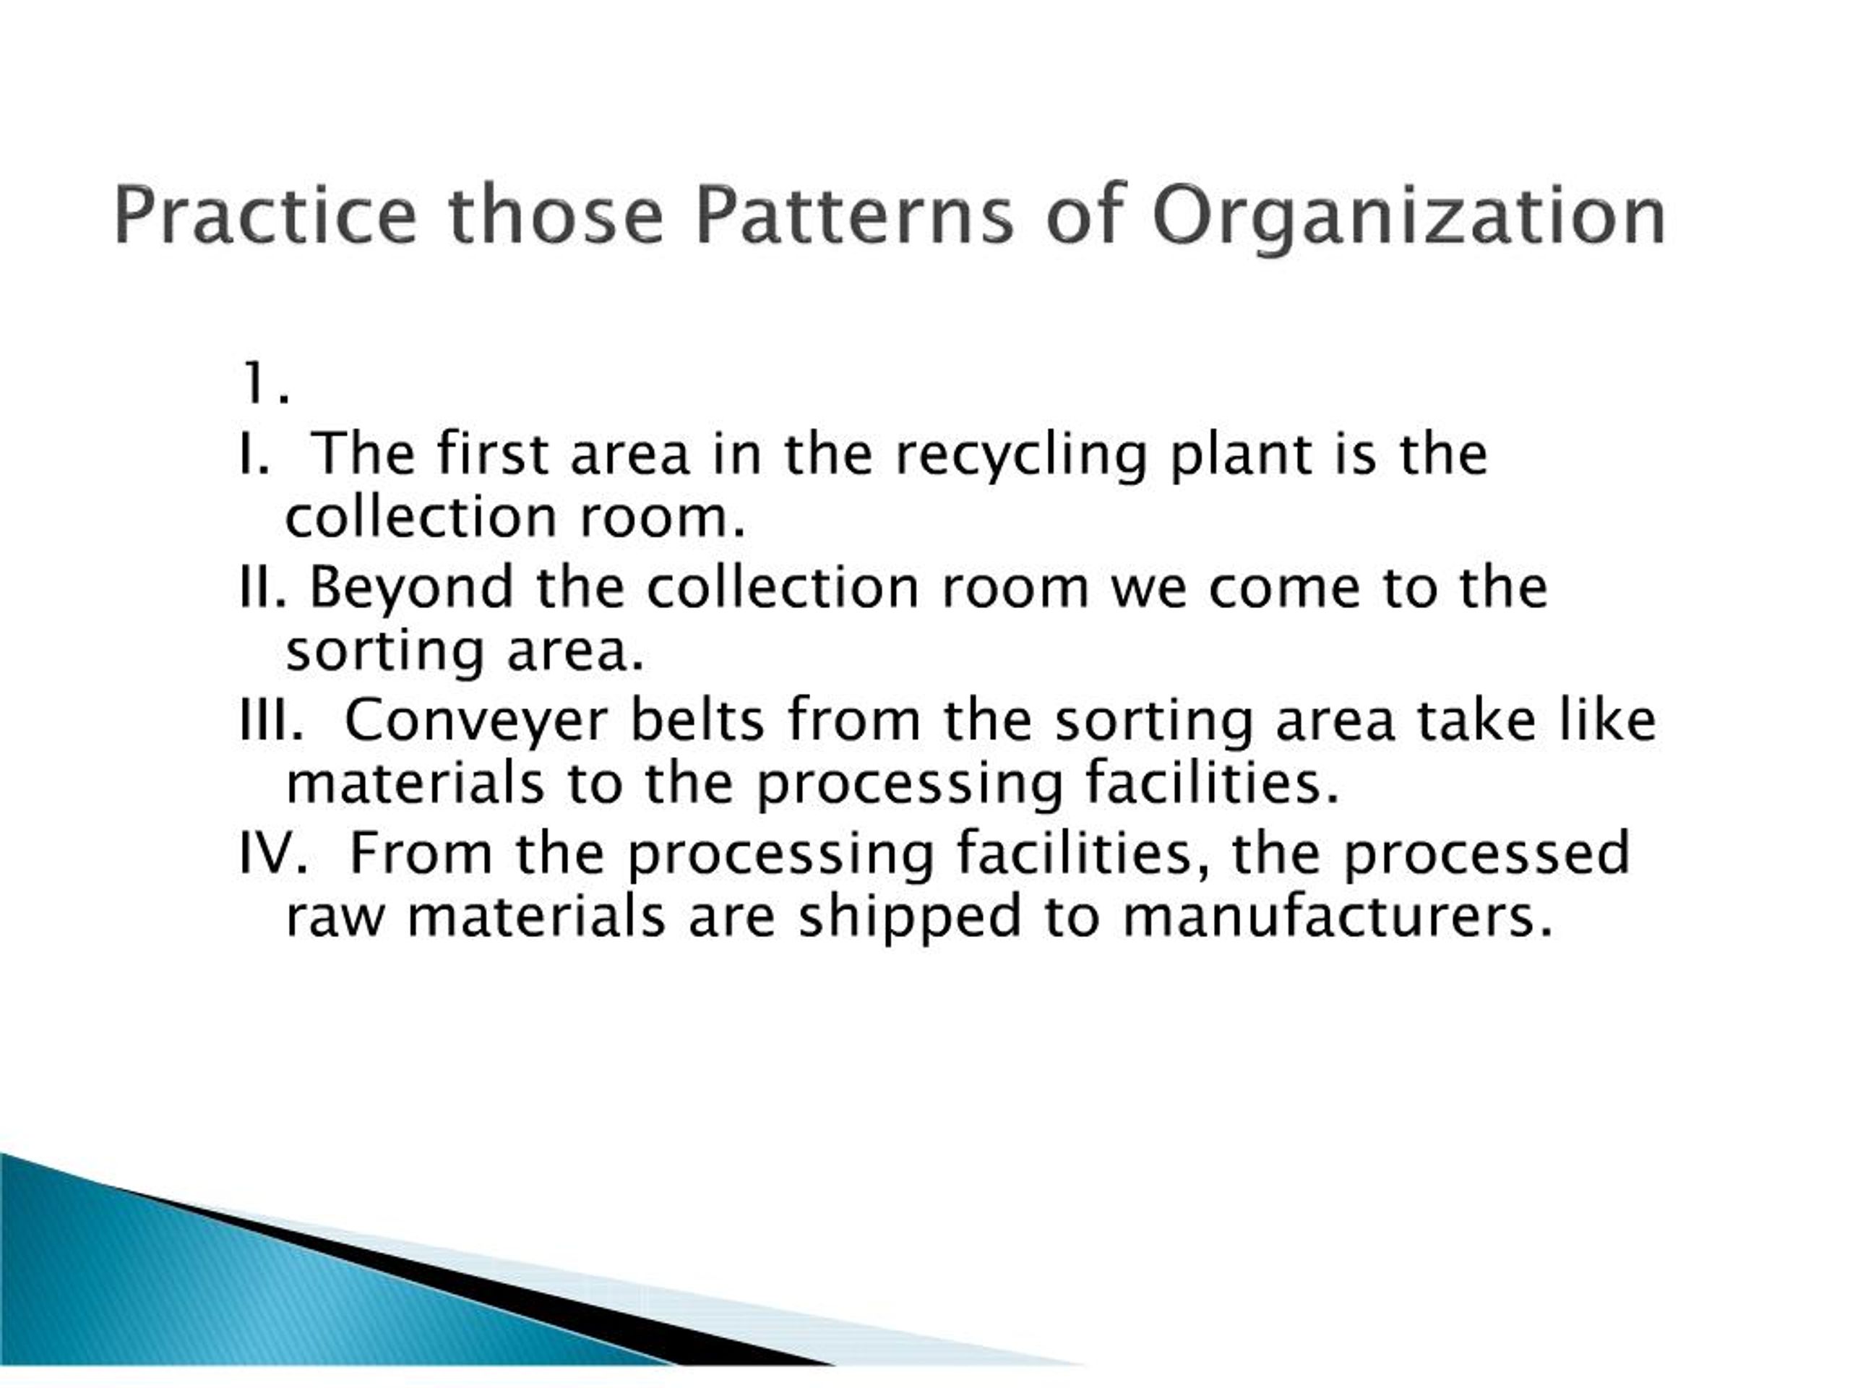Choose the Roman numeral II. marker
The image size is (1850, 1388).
point(262,586)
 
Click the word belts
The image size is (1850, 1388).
point(697,719)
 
